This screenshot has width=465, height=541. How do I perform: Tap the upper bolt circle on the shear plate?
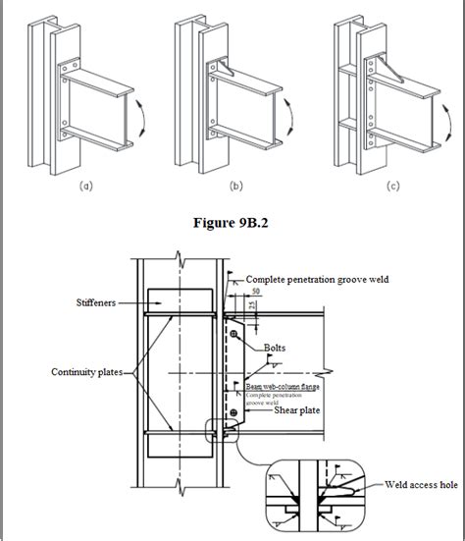[x=235, y=336]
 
